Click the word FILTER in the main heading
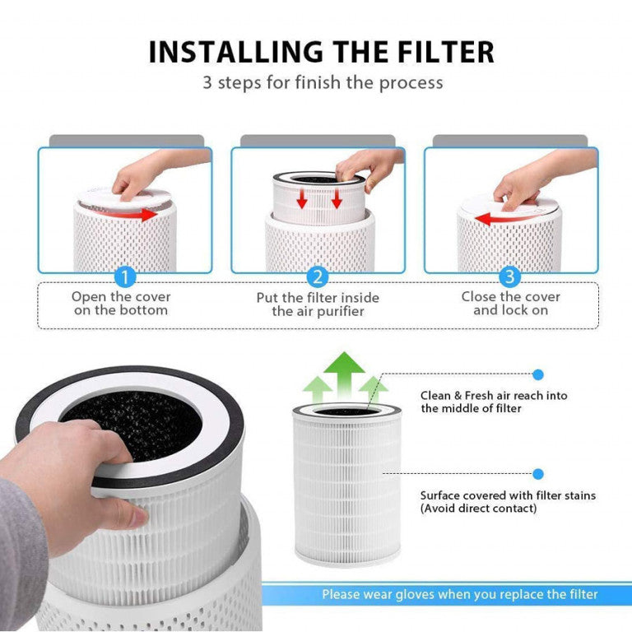click(x=437, y=52)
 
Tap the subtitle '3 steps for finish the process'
click(x=323, y=82)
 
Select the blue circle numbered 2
click(x=318, y=276)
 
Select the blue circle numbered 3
click(x=510, y=276)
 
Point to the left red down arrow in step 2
click(x=303, y=198)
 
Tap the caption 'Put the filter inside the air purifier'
click(x=318, y=304)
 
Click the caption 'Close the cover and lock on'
click(x=510, y=304)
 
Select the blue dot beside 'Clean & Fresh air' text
click(x=538, y=374)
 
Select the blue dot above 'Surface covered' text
click(x=538, y=474)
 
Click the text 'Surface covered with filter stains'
click(x=508, y=495)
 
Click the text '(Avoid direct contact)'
click(x=478, y=509)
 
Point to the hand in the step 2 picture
click(x=370, y=164)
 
